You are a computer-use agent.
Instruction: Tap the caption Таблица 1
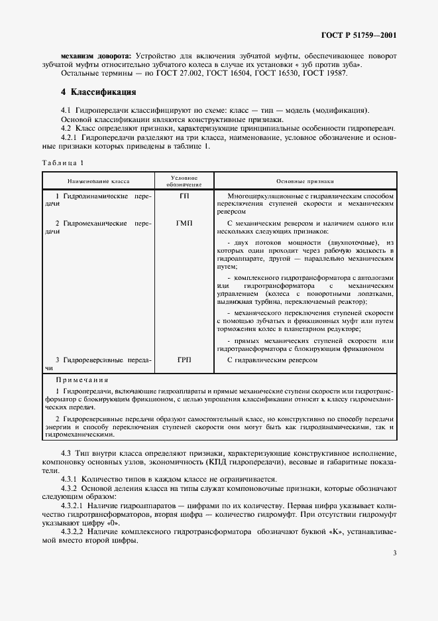63,163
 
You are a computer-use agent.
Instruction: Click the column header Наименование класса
97,180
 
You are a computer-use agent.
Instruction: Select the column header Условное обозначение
184,180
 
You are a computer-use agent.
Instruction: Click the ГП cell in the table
184,197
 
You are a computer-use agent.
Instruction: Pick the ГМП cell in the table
184,224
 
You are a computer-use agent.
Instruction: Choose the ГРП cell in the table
184,360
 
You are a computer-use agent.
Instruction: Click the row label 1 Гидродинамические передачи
97,201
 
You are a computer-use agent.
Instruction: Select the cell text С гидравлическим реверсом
272,360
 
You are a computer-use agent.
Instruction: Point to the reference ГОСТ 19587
325,73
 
